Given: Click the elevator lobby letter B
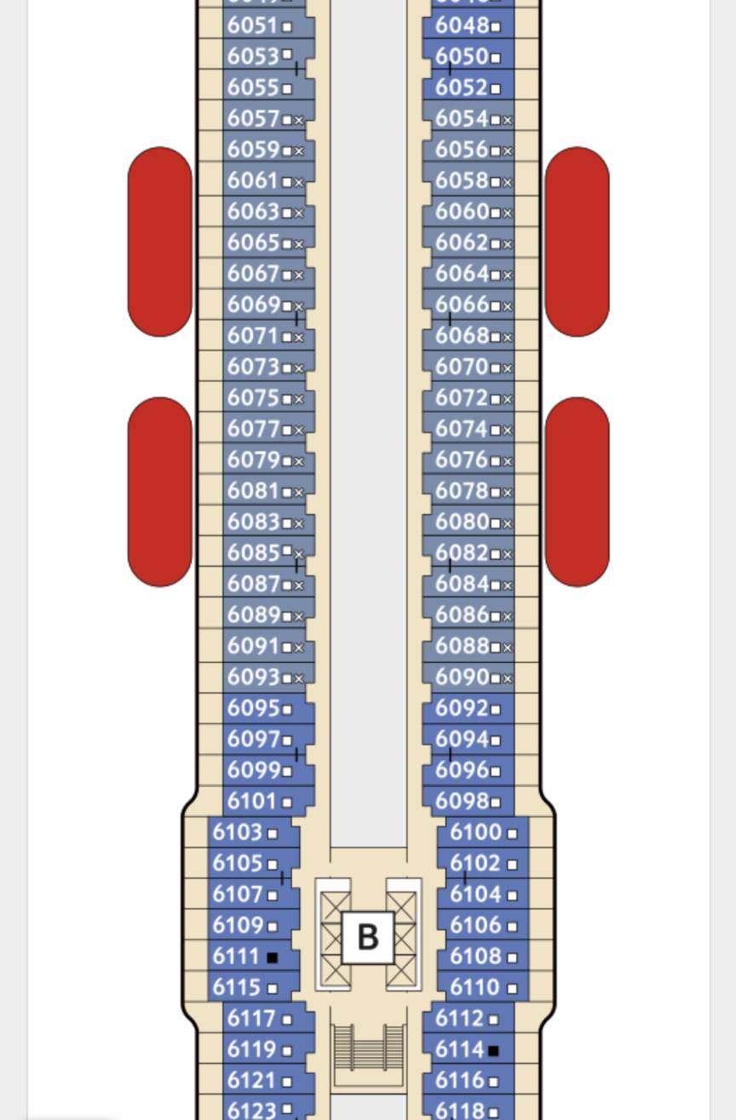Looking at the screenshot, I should (x=368, y=937).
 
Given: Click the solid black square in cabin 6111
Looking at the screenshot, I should (x=273, y=957).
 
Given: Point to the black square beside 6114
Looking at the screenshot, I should (x=493, y=1050).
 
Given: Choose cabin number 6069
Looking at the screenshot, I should (x=254, y=305).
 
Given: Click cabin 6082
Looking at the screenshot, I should (x=462, y=553).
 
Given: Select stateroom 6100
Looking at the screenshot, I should (x=476, y=832).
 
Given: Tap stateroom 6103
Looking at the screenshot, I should (x=238, y=832).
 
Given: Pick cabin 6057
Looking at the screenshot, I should (x=254, y=119).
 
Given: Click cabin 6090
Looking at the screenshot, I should (x=462, y=677).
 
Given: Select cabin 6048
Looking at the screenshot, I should (x=462, y=26).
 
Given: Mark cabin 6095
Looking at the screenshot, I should (x=254, y=708).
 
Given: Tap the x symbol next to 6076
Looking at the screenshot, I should (x=508, y=461).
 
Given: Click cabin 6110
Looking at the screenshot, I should (x=476, y=987).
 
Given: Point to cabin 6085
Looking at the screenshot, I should (x=254, y=553).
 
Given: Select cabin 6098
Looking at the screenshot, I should (x=462, y=801).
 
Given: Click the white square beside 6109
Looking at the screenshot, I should (x=273, y=926).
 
